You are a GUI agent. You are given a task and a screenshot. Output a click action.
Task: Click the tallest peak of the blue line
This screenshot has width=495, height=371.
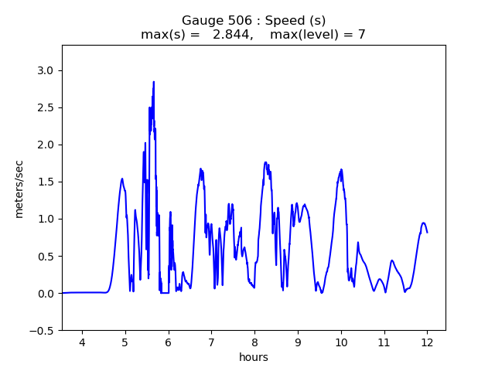(154, 82)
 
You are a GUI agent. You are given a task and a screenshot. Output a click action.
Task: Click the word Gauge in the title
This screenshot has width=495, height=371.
(200, 21)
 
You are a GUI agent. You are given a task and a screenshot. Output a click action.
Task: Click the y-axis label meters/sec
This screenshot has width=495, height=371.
(19, 188)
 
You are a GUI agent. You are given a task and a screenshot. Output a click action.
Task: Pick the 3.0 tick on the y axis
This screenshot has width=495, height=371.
(46, 70)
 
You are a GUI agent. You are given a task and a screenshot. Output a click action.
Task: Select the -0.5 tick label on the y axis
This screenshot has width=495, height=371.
(43, 330)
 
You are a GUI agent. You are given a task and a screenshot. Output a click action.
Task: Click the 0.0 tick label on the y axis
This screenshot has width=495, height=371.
(46, 293)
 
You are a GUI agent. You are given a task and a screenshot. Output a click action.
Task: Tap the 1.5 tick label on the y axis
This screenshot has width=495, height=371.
(46, 182)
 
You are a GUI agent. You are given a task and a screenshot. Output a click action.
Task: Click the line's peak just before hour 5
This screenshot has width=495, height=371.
(122, 179)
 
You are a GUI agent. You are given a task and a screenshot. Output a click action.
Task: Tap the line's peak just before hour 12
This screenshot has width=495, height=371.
(423, 223)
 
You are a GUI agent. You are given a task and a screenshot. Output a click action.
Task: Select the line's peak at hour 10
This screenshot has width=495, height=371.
(341, 169)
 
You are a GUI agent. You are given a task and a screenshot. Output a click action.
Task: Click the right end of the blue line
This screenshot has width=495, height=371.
(427, 232)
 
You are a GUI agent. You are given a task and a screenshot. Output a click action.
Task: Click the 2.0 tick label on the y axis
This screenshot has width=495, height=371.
(46, 145)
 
